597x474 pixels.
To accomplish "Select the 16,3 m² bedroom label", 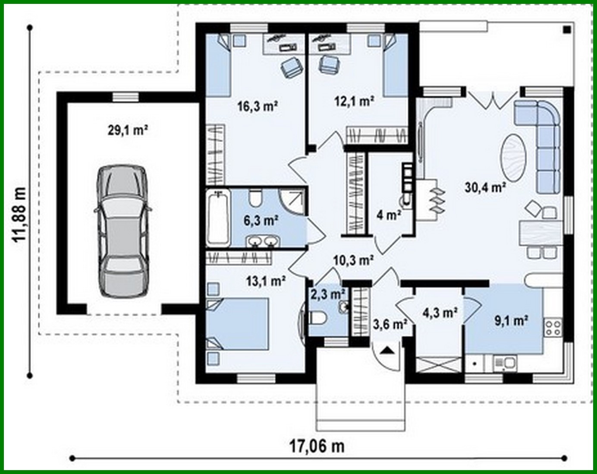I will point(258,106).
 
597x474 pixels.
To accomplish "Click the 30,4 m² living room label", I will point(485,186).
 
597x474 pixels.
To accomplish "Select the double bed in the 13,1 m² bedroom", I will point(238,324).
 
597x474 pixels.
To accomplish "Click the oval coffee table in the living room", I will point(513,158).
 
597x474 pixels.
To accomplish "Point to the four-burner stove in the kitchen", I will point(553,327).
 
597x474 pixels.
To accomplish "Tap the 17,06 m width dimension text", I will point(317,446).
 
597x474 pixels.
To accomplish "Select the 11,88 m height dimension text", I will point(19,215).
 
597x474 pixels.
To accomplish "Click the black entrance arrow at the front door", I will point(387,350).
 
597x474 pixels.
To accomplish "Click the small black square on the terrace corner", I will point(567,29).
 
